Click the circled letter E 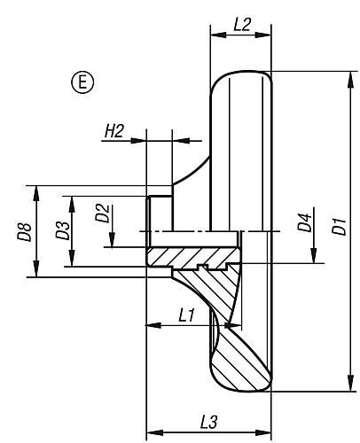coord(82,82)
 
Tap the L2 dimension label coord(242,25)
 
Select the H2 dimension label coord(114,131)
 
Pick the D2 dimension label coord(102,214)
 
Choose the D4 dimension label coord(304,222)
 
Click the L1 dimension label coord(187,315)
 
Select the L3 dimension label coord(208,422)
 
